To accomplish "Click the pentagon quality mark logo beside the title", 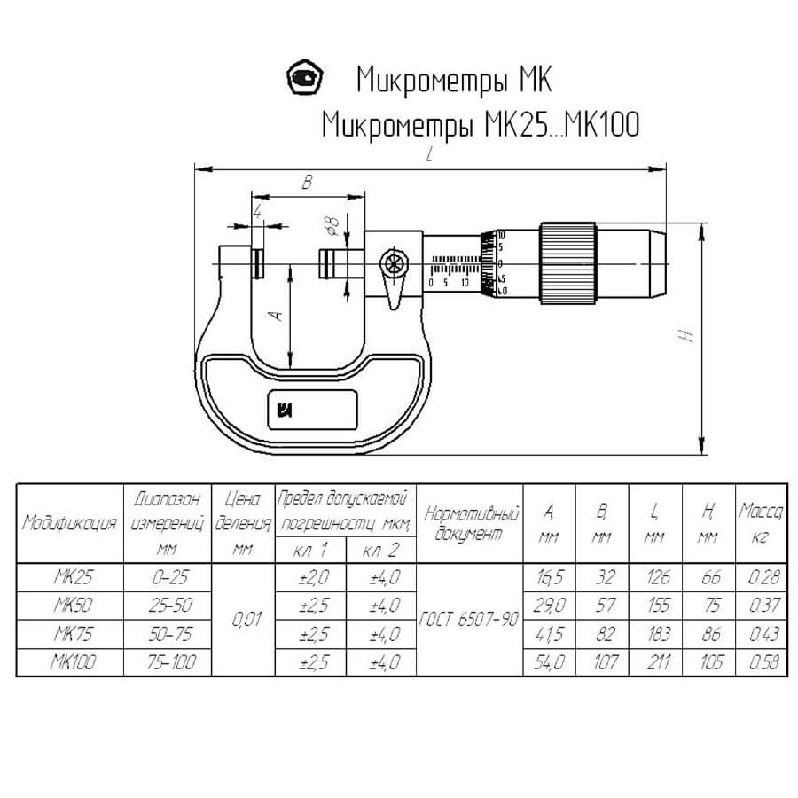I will pyautogui.click(x=307, y=78).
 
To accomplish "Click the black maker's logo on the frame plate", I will pyautogui.click(x=286, y=409).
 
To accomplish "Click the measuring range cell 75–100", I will pyautogui.click(x=168, y=662).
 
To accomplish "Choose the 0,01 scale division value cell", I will pyautogui.click(x=244, y=620).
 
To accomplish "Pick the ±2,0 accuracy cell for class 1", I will pyautogui.click(x=310, y=577).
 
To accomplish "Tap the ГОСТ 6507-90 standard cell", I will pyautogui.click(x=470, y=620).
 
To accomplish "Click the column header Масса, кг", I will pyautogui.click(x=761, y=523).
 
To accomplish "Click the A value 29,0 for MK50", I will pyautogui.click(x=550, y=606).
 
